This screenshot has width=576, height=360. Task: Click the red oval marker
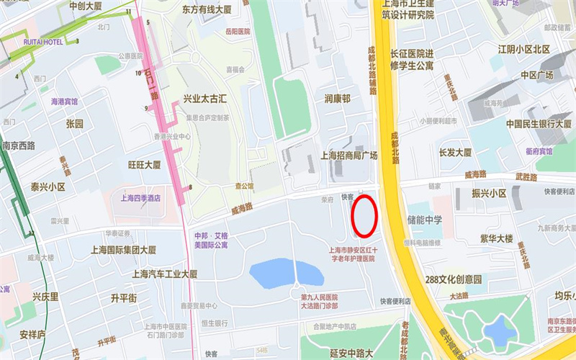click(x=365, y=216)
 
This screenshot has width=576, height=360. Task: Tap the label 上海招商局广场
click(x=348, y=155)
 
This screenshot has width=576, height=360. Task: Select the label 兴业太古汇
click(x=205, y=99)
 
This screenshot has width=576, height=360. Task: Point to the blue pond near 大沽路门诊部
click(x=287, y=274)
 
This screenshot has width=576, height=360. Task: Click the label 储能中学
click(x=425, y=219)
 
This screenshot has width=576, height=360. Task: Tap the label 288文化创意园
click(x=453, y=279)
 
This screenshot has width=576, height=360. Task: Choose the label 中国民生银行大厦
click(x=534, y=123)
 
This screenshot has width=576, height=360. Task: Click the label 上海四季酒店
click(x=140, y=198)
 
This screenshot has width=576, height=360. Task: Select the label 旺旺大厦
click(x=144, y=164)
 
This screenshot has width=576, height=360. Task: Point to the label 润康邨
click(x=337, y=99)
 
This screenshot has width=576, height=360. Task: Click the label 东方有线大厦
click(x=207, y=10)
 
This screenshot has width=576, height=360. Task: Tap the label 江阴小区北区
click(x=524, y=49)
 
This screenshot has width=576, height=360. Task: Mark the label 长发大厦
click(x=455, y=153)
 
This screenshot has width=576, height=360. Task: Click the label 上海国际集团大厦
click(x=123, y=251)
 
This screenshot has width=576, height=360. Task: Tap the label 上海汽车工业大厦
click(x=165, y=274)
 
